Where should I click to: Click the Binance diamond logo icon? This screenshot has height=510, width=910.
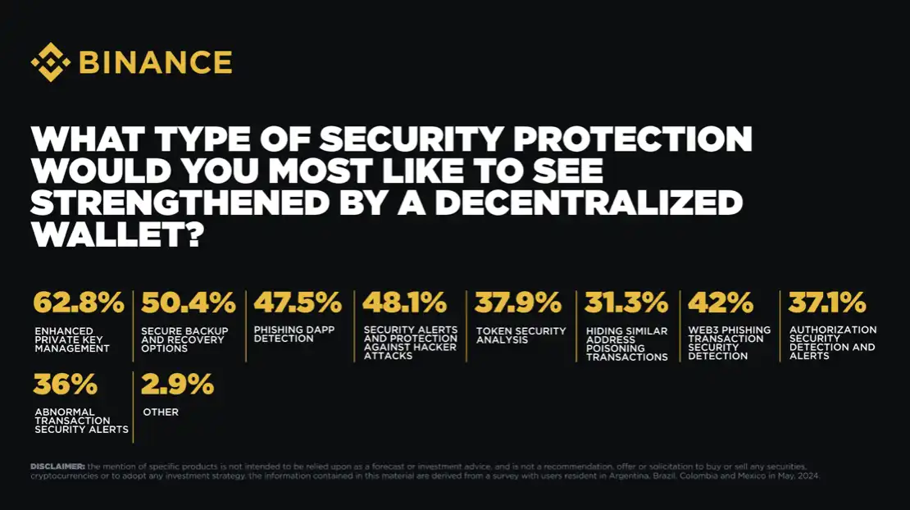50,62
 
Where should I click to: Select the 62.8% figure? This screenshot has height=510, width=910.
79,303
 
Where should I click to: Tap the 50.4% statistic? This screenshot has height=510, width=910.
189,303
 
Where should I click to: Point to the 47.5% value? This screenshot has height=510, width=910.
298,303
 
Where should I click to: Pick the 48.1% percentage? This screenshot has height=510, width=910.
405,303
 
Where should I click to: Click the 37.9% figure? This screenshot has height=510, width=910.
518,303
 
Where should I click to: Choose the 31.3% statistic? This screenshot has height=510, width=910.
626,303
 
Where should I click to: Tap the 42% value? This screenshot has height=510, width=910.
721,303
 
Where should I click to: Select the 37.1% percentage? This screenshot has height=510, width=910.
827,303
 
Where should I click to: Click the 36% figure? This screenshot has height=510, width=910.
66,384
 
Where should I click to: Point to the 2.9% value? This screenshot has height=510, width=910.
178,384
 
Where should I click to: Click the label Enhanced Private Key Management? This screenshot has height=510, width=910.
71,339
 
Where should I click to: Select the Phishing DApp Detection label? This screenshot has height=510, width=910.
284,334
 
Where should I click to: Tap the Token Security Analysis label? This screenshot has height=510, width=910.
521,335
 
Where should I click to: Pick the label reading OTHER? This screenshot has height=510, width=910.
161,412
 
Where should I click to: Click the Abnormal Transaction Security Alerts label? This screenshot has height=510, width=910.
81,421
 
